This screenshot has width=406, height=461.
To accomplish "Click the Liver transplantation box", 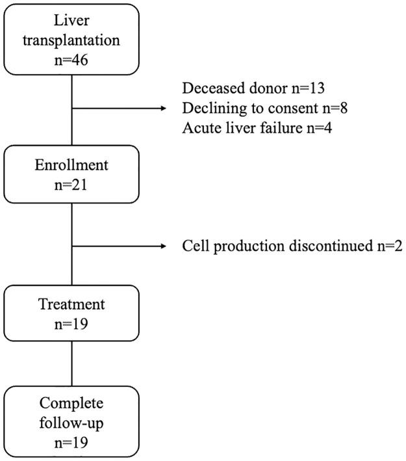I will point(71,39).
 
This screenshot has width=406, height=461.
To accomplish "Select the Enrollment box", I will point(71,174).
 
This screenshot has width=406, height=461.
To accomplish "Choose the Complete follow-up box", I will point(71,421).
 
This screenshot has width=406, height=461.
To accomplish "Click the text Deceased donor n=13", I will point(253,89).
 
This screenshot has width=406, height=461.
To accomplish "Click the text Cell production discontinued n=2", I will point(292,247).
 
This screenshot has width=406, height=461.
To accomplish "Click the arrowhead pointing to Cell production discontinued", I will point(164,247).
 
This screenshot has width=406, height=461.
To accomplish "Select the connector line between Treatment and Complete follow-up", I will point(71,364).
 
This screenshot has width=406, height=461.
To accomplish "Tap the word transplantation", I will point(71,40).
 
